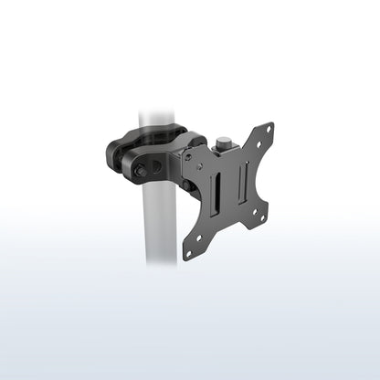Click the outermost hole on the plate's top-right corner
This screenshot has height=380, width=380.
click(x=269, y=129)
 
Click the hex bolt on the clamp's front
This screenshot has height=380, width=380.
click(x=139, y=171)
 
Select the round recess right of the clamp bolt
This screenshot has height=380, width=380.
click(x=156, y=168)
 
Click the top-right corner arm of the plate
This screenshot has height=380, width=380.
click(x=263, y=136)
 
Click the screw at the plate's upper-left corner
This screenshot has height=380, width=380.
click(x=186, y=156)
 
